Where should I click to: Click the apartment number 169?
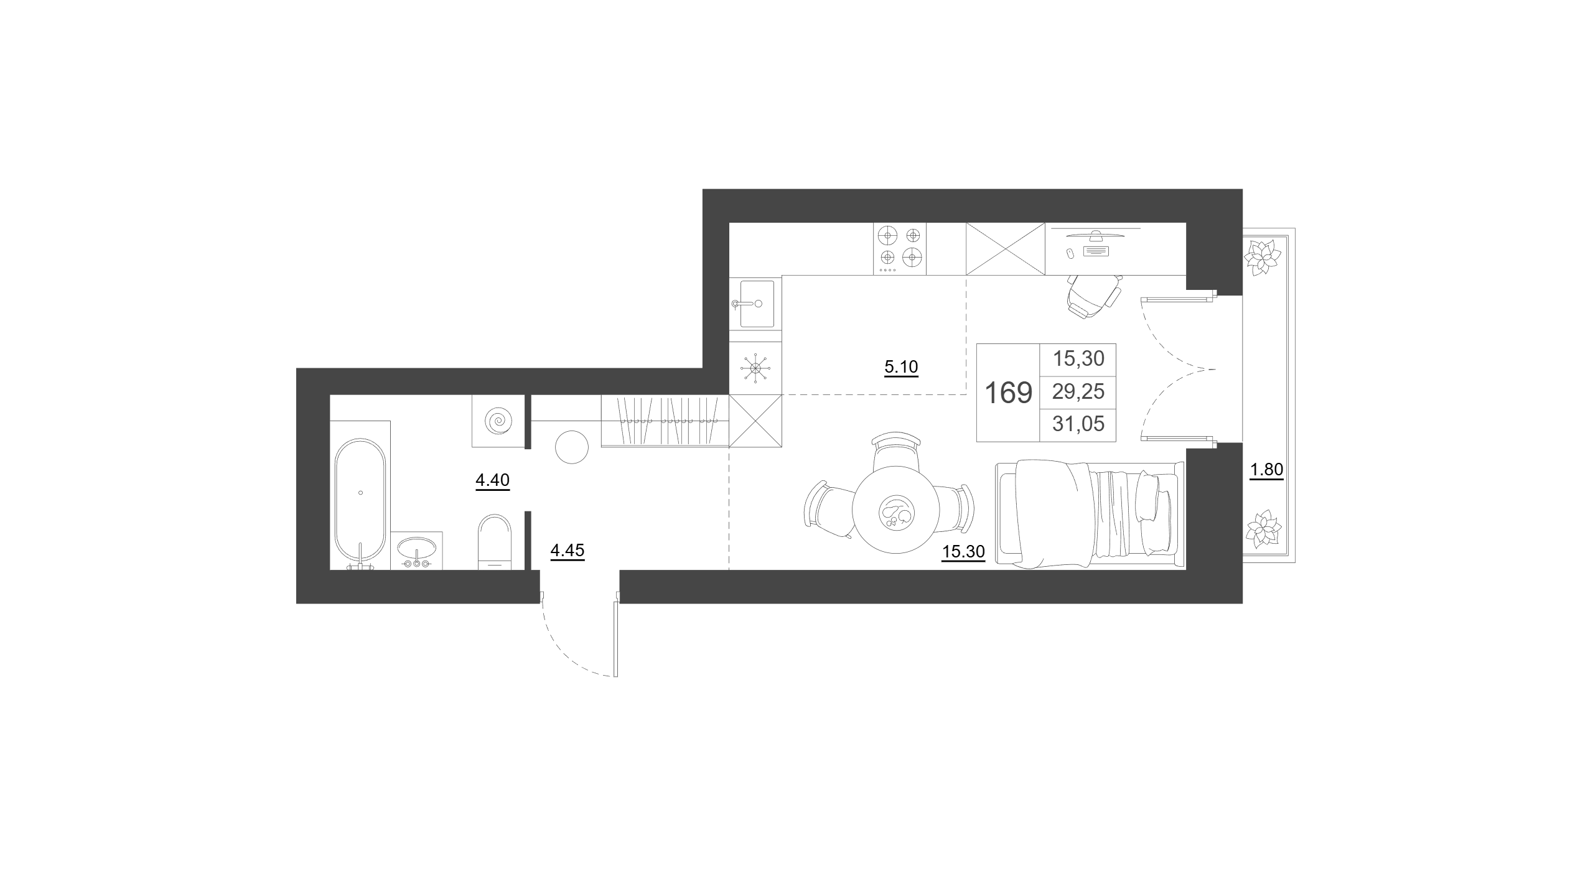(1009, 393)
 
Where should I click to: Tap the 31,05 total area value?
(1078, 424)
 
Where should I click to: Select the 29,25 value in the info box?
(1078, 391)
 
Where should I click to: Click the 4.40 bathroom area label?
(492, 480)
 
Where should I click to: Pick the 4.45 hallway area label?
(568, 551)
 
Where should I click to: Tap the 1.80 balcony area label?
(1266, 470)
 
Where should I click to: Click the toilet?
(494, 541)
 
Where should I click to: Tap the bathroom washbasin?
(416, 550)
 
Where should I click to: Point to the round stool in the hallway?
(571, 447)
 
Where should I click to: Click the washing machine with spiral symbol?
(498, 421)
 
